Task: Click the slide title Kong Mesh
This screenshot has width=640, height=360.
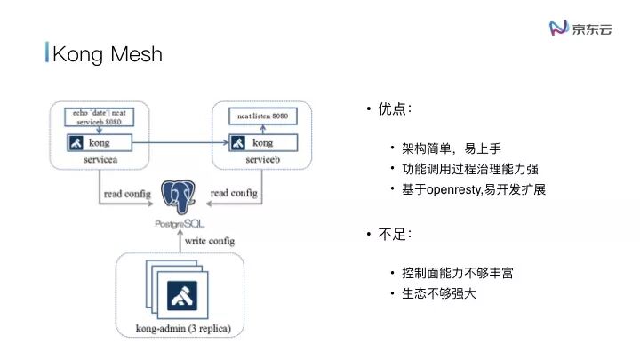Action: point(108,54)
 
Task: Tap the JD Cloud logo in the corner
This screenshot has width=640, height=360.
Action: point(582,28)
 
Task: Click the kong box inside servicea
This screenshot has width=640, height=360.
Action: point(99,142)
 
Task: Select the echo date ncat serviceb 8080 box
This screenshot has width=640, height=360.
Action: point(99,116)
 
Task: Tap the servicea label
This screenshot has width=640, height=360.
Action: point(99,159)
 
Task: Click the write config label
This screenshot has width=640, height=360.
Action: point(211,241)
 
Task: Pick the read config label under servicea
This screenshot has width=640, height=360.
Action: point(127,193)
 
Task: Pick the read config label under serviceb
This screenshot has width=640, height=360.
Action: point(233,193)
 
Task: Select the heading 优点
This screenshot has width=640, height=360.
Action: point(395,108)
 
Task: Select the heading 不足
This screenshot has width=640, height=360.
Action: point(395,235)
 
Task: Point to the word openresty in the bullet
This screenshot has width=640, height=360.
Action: point(456,189)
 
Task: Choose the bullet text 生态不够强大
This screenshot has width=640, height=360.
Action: point(439,293)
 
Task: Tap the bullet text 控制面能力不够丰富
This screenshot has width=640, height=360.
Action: point(457,272)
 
